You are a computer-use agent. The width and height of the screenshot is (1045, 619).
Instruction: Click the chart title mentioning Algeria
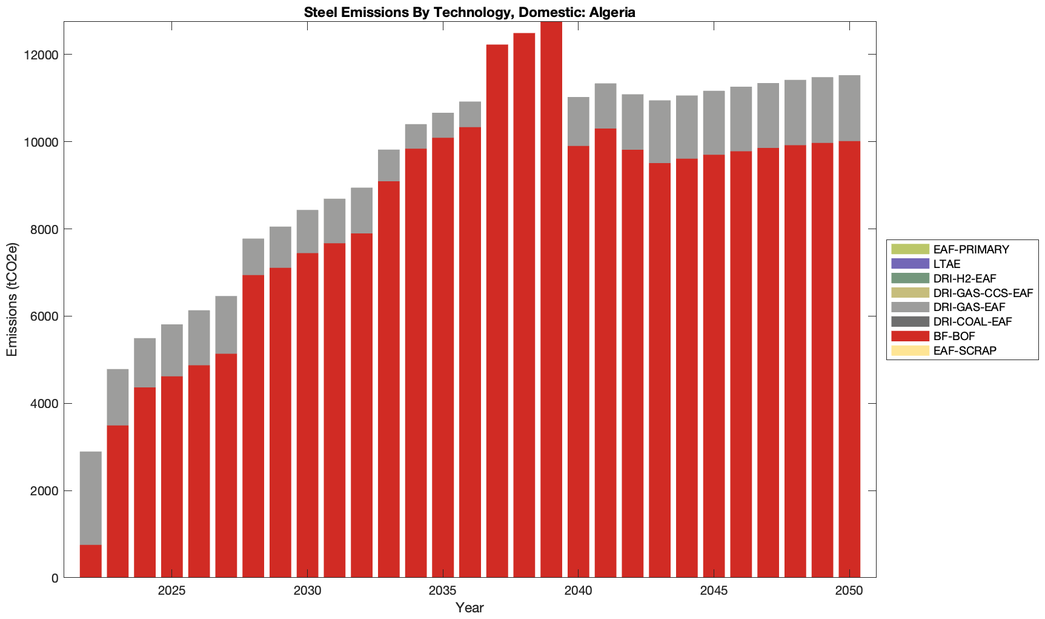[469, 12]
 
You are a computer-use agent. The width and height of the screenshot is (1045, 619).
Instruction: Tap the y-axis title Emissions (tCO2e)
[12, 299]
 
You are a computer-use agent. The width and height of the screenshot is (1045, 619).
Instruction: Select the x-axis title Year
[469, 607]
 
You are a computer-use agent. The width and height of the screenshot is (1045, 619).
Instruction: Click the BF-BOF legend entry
[954, 336]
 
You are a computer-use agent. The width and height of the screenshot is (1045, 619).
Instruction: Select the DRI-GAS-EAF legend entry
[969, 307]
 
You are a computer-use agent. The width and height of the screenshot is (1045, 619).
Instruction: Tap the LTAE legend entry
[947, 264]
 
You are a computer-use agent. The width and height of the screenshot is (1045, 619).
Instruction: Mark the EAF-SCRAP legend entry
[964, 350]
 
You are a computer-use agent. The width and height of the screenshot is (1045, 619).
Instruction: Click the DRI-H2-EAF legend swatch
[909, 278]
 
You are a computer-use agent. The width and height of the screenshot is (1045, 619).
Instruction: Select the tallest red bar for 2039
[551, 300]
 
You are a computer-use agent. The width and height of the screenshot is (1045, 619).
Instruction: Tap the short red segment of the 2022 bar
[91, 561]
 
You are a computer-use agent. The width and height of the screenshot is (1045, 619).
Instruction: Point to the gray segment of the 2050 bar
[849, 108]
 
